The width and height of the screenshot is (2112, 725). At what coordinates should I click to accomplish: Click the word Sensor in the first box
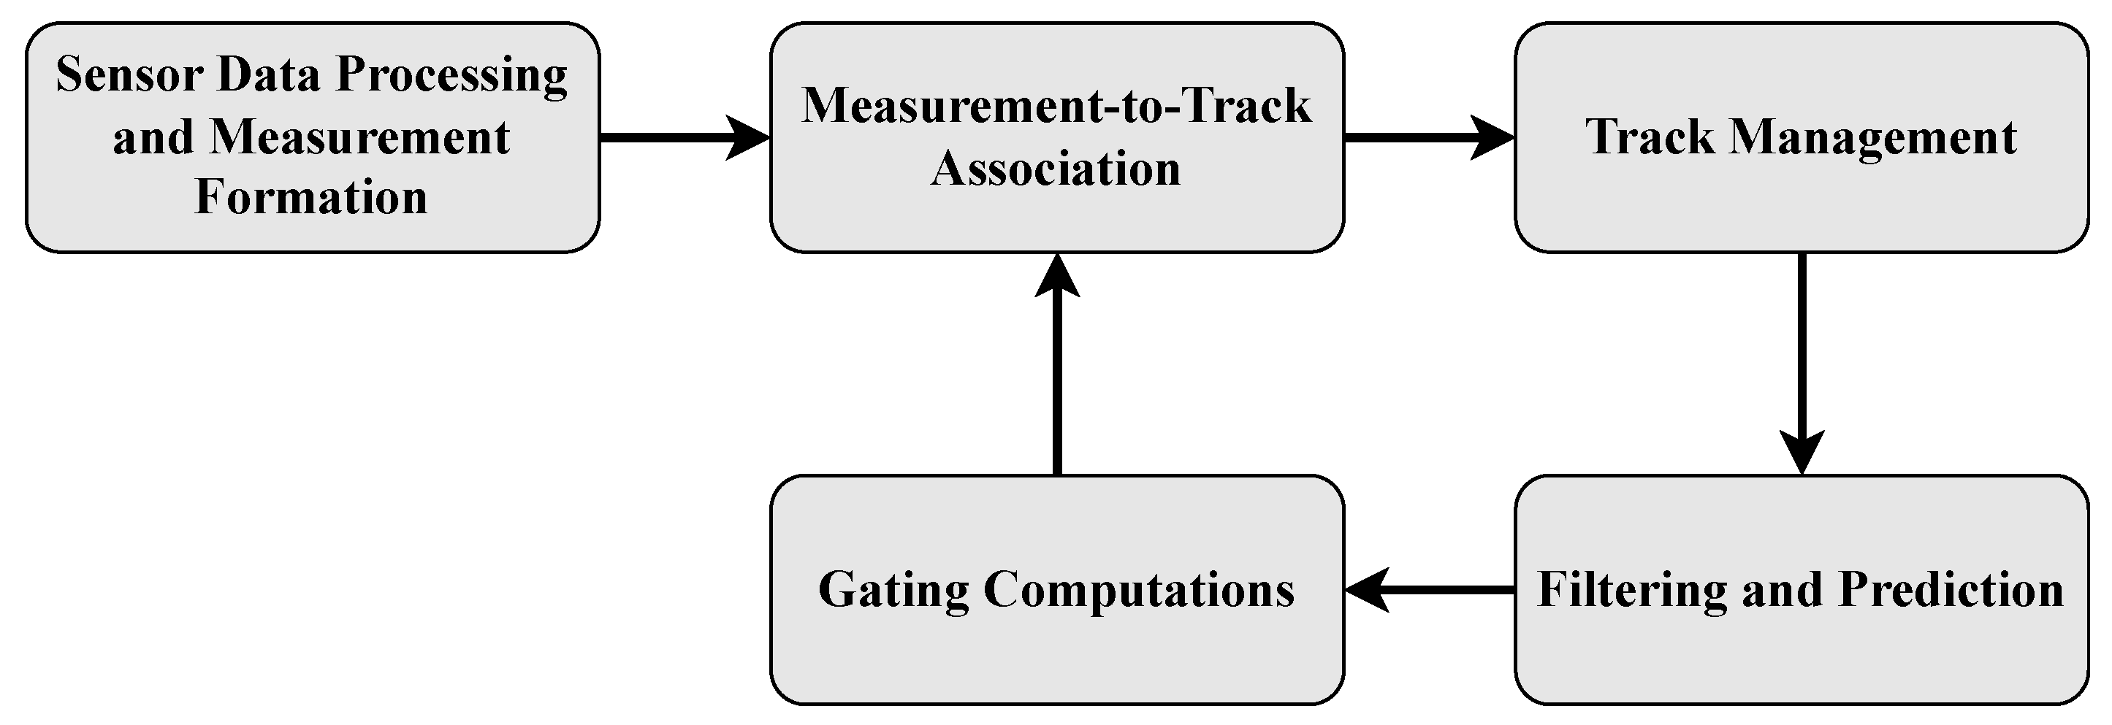coord(128,75)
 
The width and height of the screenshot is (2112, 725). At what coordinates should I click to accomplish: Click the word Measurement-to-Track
coord(1056,107)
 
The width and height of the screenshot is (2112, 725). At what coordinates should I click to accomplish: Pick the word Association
coord(1056,169)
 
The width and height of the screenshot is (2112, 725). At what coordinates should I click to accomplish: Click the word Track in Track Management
coord(1650,137)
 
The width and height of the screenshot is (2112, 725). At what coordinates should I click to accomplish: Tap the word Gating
coord(893,591)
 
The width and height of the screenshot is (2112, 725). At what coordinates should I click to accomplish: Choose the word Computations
coord(1139,591)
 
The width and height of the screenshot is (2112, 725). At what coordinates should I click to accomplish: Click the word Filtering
coord(1631,591)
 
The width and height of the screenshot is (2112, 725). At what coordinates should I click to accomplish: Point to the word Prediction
coord(1951,590)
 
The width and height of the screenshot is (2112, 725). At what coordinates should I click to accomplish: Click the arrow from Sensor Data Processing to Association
coord(684,138)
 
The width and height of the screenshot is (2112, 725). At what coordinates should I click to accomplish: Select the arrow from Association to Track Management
coord(1428,138)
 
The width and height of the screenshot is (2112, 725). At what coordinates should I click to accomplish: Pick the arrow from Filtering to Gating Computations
coord(1428,590)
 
